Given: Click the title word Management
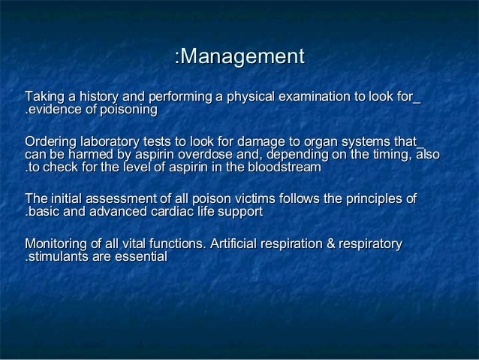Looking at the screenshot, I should click(243, 56).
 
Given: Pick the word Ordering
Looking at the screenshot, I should click(50, 141).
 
